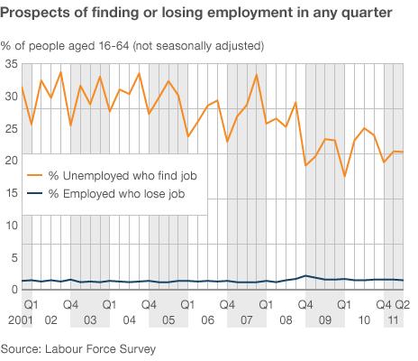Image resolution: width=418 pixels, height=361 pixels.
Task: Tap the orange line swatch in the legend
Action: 35,174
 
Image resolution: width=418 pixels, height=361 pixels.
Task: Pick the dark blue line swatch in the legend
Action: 35,194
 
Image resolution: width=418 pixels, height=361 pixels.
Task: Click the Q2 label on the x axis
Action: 405,306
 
